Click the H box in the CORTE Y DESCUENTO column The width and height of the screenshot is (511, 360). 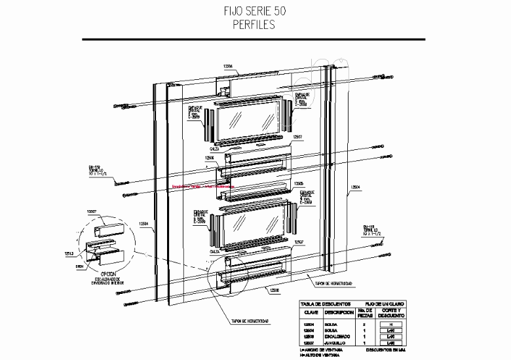pyautogui.click(x=390, y=324)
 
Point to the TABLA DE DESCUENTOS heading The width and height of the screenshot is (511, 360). pyautogui.click(x=326, y=304)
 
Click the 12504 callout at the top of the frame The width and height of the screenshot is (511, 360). pyautogui.click(x=228, y=67)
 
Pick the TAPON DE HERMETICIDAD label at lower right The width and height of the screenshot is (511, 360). pyautogui.click(x=334, y=283)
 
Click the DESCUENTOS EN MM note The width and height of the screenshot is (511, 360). pyautogui.click(x=386, y=351)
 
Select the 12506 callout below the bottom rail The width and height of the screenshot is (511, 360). pyautogui.click(x=271, y=289)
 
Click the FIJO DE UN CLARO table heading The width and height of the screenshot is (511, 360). pyautogui.click(x=386, y=304)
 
